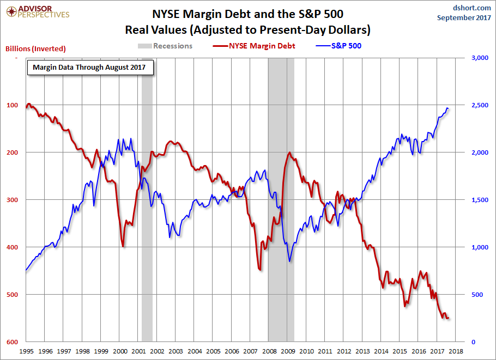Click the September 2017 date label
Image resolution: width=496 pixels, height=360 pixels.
pyautogui.click(x=463, y=18)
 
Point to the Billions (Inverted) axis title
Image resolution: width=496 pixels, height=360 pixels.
pyautogui.click(x=35, y=48)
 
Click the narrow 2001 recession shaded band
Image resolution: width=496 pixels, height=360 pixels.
pyautogui.click(x=147, y=218)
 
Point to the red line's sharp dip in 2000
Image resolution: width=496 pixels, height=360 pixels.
pyautogui.click(x=123, y=246)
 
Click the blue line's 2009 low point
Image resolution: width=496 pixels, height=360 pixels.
pyautogui.click(x=289, y=261)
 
